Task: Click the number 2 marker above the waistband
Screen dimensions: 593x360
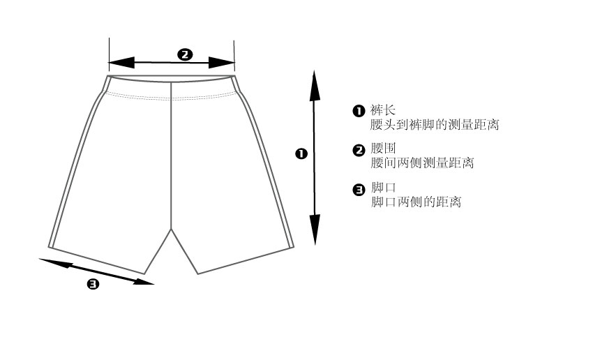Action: pos(185,54)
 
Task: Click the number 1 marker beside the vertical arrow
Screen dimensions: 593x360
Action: pos(301,153)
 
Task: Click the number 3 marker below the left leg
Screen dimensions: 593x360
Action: pos(93,283)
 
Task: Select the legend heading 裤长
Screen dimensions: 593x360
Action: pos(383,110)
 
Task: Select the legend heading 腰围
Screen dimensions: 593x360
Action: pos(383,149)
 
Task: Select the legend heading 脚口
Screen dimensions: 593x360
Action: pos(383,188)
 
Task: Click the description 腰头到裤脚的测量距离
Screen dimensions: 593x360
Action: pos(434,125)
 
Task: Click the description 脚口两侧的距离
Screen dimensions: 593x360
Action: pos(416,202)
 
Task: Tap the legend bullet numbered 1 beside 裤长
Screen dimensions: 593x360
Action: pos(359,111)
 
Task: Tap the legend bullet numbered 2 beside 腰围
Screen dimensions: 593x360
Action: pos(359,150)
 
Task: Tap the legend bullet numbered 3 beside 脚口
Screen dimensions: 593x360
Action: pos(359,189)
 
